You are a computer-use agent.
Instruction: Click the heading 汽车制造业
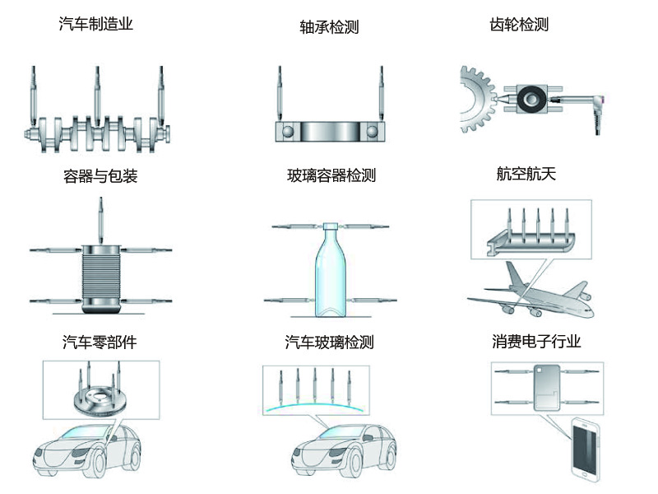[95, 24]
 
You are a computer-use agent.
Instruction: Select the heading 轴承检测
[329, 27]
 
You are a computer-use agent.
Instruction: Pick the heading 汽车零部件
[99, 343]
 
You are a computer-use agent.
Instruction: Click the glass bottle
[329, 272]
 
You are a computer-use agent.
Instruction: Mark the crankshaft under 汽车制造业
[97, 132]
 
